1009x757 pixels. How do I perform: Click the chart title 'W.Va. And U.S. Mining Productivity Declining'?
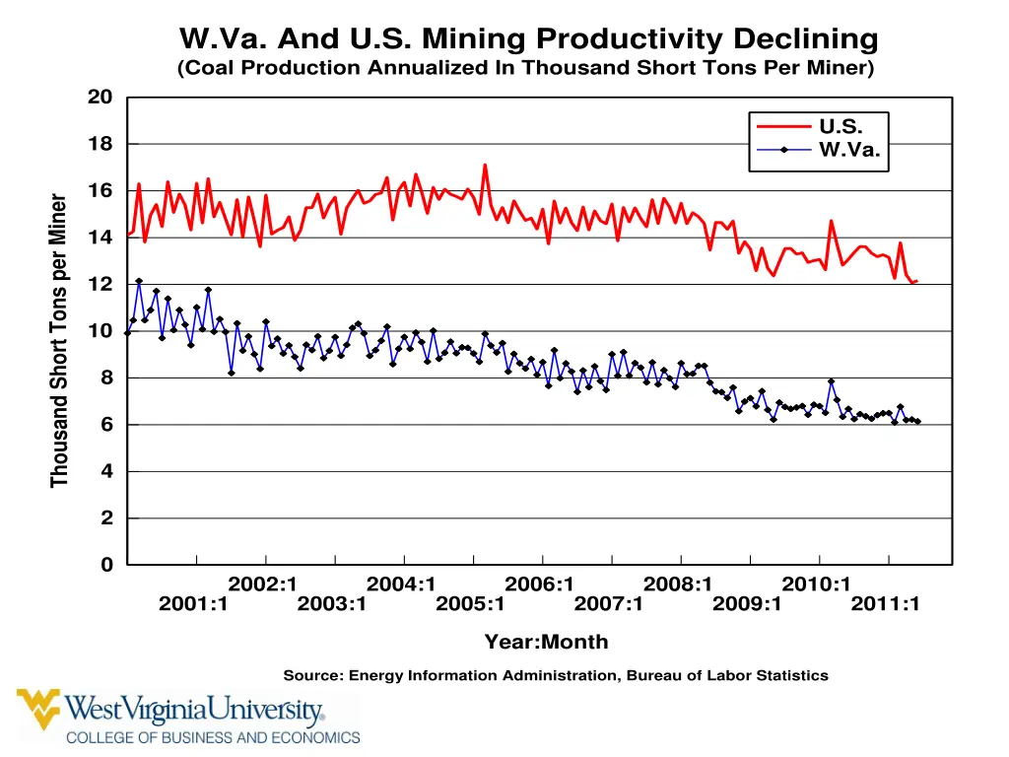[x=528, y=39]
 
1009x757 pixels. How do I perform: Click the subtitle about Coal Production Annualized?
[x=525, y=68]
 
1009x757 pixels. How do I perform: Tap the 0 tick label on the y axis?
[x=106, y=565]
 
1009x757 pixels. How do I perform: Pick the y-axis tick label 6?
[x=106, y=425]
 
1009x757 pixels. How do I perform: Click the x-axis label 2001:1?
[x=193, y=604]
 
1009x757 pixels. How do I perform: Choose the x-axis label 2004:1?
[x=401, y=584]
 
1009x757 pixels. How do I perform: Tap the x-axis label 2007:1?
[x=608, y=604]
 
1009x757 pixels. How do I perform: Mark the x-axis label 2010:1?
[x=816, y=584]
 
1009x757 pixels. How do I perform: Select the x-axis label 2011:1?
[x=885, y=604]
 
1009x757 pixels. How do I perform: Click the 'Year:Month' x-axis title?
[x=546, y=642]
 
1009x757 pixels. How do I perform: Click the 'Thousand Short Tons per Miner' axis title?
[x=60, y=341]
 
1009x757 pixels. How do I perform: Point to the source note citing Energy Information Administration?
[x=556, y=675]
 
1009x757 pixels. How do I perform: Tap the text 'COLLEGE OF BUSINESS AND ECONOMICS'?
[x=213, y=737]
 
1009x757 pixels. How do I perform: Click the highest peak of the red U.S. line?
[x=485, y=165]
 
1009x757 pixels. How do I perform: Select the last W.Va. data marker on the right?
[x=917, y=422]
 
